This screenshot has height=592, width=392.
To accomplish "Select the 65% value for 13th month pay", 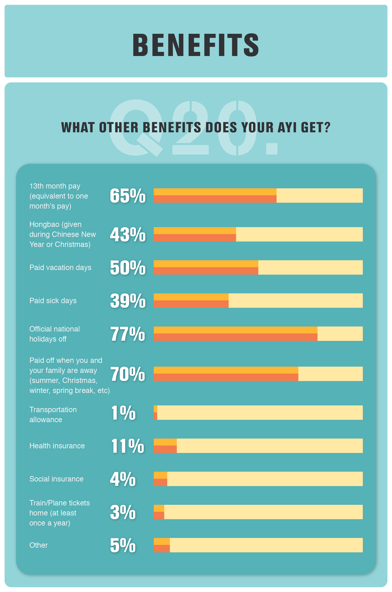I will (128, 196).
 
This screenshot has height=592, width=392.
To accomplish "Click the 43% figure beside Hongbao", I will (128, 235).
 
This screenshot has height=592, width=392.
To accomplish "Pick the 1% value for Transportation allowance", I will (123, 413).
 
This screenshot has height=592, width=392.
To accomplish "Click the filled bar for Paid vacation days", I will (206, 267).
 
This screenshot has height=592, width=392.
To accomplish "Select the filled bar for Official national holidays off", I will (235, 333).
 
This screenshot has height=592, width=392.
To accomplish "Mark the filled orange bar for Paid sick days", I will (191, 301).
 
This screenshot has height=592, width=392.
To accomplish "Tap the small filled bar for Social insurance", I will (161, 479).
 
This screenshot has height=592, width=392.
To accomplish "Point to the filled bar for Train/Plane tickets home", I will (159, 512).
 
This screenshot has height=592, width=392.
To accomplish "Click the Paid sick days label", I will (53, 301).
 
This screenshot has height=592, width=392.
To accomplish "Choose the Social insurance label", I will (56, 479).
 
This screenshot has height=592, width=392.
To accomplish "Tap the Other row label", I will (39, 545).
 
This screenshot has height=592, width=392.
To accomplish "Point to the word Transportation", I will (53, 410).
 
